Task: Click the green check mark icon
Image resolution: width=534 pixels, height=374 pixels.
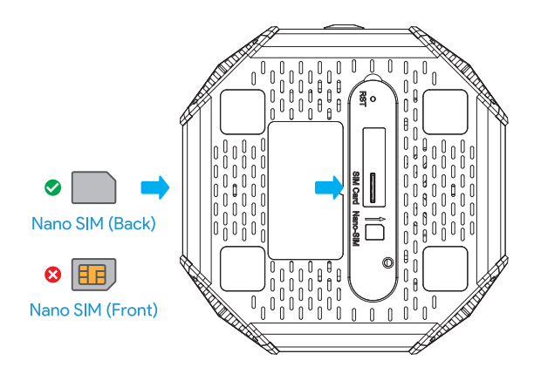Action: click(52, 187)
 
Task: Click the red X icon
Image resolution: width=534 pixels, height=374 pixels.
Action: click(52, 275)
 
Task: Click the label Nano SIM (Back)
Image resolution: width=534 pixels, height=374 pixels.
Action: click(93, 223)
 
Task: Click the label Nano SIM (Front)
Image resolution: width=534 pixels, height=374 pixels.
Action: click(93, 309)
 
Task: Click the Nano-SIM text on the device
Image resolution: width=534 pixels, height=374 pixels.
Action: click(356, 228)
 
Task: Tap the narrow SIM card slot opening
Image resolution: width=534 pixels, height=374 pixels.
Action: click(371, 187)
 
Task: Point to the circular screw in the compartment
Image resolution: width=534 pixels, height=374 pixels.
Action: click(387, 262)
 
